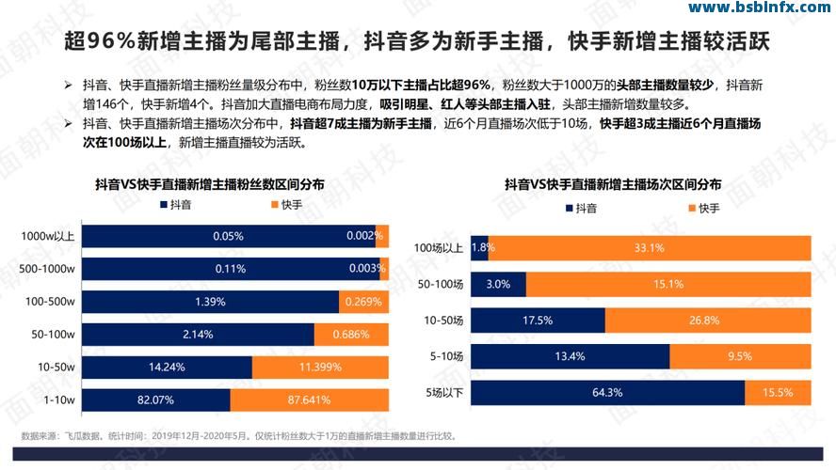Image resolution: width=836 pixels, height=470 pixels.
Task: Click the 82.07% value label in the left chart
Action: (x=156, y=400)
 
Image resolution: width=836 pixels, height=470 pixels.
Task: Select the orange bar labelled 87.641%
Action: (x=309, y=400)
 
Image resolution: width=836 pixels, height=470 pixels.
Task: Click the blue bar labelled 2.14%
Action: (x=198, y=335)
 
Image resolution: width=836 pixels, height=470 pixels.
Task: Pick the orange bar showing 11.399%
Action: (x=320, y=368)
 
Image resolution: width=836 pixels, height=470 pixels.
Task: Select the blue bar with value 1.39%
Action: (x=210, y=302)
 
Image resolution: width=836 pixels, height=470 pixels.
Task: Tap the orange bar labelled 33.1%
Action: (x=650, y=248)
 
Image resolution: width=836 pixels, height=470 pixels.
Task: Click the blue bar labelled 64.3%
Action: (x=607, y=392)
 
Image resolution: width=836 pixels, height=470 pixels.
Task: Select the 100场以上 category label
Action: (x=438, y=248)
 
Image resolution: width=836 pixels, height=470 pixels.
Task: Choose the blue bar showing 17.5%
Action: (x=538, y=321)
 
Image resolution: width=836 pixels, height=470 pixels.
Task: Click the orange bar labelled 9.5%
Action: (x=740, y=356)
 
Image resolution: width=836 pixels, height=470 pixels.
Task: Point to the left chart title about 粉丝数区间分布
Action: (x=210, y=184)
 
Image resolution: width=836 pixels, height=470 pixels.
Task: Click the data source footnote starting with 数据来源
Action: (x=239, y=436)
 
